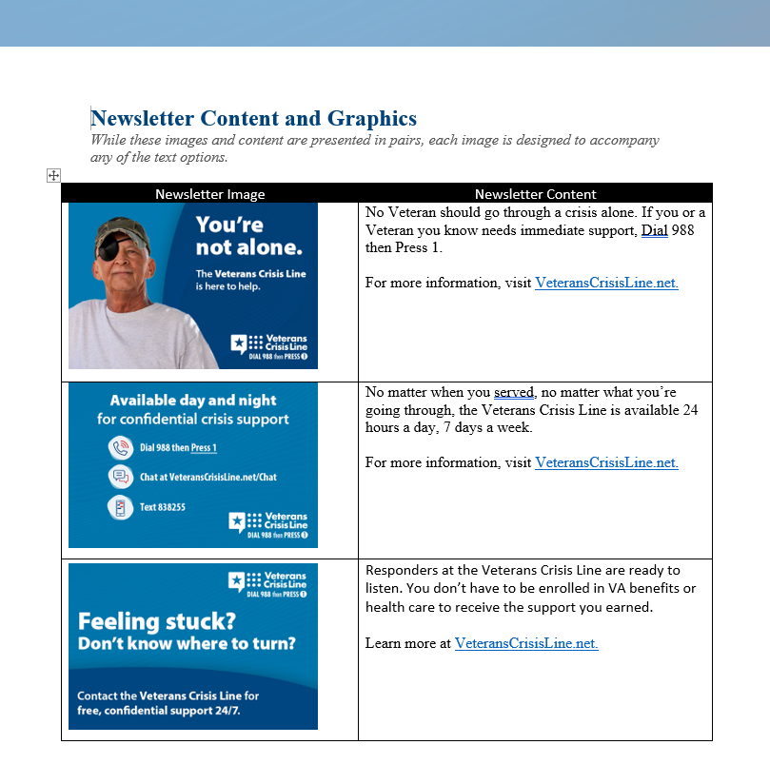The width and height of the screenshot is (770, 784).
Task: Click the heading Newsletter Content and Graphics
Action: point(253,119)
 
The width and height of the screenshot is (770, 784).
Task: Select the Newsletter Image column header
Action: point(209,194)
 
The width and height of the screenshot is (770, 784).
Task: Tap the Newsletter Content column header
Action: point(535,194)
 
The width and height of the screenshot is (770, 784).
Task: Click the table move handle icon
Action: point(53,175)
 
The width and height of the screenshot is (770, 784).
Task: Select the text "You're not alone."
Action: point(248,236)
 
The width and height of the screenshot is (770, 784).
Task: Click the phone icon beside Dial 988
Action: point(120,447)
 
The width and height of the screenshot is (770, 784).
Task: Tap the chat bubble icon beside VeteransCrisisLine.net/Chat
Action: point(120,477)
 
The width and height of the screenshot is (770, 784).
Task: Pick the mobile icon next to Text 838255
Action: point(120,507)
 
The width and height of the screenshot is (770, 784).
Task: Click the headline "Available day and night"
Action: point(193,401)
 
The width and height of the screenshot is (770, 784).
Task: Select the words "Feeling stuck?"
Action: point(156,621)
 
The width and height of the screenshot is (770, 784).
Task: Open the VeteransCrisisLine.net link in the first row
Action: point(606,283)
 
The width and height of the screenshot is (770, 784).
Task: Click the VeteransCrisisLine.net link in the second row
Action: point(606,462)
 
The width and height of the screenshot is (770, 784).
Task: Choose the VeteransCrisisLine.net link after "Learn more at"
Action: point(526,643)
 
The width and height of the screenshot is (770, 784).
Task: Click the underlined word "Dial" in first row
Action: point(654,230)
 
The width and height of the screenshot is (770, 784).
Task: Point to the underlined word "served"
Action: point(514,392)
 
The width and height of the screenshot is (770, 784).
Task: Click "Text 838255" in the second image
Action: point(163,507)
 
